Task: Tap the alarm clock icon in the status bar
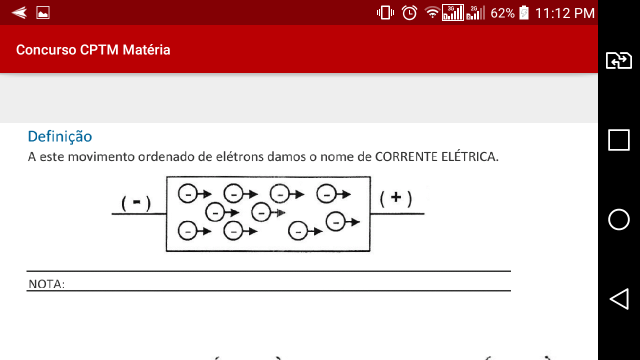coord(409,13)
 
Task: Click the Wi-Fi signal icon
coord(432,12)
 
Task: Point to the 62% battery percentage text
coord(502,13)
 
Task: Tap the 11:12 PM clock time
coord(565,13)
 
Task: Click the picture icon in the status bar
coord(43,13)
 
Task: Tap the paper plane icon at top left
coord(19,12)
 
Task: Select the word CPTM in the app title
coord(99,49)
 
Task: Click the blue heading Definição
coord(59,136)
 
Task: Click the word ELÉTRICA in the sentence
coord(469,156)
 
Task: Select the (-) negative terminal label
coord(136,203)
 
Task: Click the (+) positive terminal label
coord(396,198)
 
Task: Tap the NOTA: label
coord(46,284)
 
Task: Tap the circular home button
coord(619,219)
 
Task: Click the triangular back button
coord(619,299)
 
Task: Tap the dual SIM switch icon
coord(619,60)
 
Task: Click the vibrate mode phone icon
coord(385,13)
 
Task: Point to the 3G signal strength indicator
coord(453,12)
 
